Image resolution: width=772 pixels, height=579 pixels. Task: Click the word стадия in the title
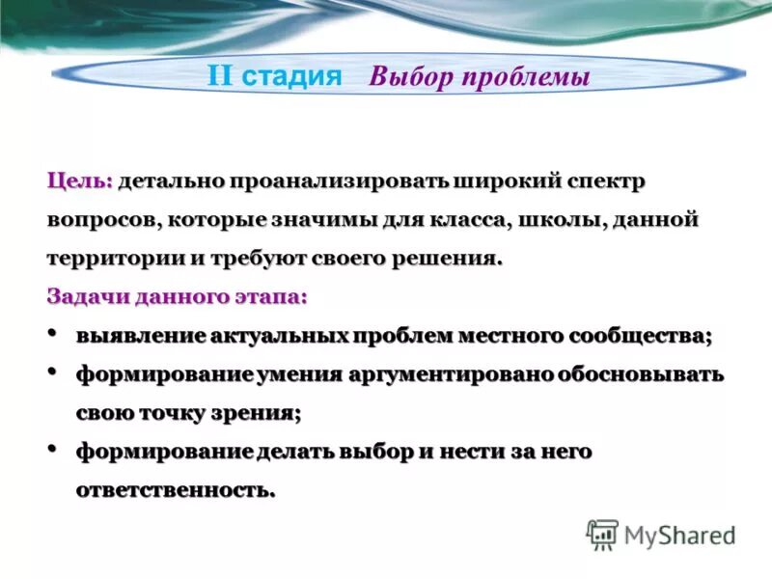(291, 76)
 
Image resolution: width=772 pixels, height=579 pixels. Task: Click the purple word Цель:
(80, 181)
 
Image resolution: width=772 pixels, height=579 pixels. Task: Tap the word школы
(562, 220)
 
